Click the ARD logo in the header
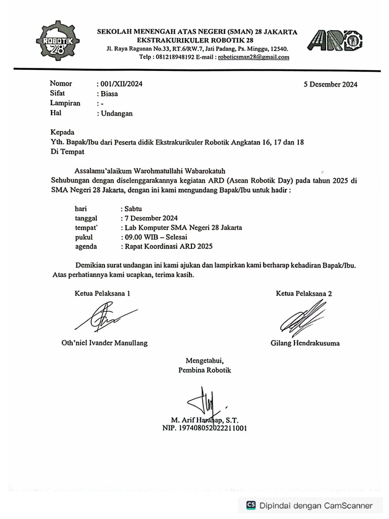[x=335, y=41]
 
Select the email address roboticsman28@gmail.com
[x=253, y=57]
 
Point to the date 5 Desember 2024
[x=330, y=85]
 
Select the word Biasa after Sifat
[x=108, y=94]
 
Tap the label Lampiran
[x=65, y=103]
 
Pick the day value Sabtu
[x=134, y=208]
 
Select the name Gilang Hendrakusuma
[x=305, y=343]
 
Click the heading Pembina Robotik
[x=205, y=370]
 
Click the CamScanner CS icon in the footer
[x=251, y=505]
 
